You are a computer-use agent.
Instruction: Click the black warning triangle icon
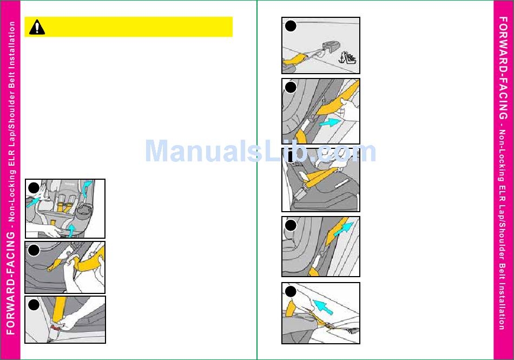(x=37, y=27)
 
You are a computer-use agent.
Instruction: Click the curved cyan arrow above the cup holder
(x=87, y=188)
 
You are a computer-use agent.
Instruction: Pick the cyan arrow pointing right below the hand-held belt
(x=330, y=123)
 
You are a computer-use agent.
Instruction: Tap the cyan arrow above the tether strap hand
(x=323, y=307)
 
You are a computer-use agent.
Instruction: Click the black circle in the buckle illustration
(x=34, y=305)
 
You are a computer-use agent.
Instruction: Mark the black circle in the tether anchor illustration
(x=291, y=26)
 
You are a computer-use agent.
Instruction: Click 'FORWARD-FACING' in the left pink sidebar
(x=10, y=283)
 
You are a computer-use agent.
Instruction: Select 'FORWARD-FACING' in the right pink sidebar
(x=503, y=68)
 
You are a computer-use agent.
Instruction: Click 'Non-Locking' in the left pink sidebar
(x=11, y=196)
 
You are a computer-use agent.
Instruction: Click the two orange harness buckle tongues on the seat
(x=65, y=207)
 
